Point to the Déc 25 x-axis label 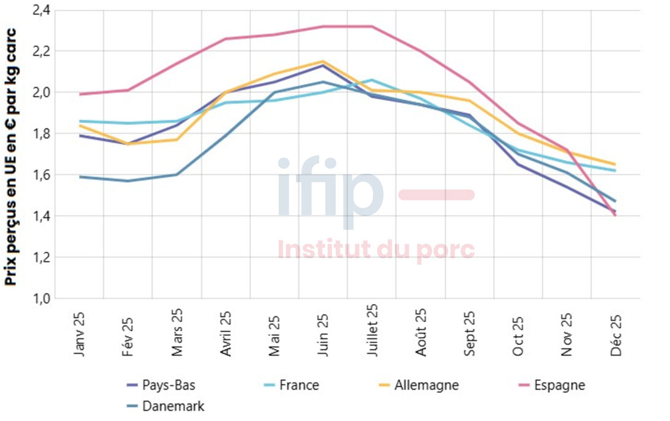click(x=615, y=335)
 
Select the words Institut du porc click(x=376, y=249)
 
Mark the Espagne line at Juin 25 click(x=323, y=26)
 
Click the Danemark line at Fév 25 click(x=128, y=181)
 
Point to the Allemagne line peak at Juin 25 click(x=323, y=61)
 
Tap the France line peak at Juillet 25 click(x=372, y=80)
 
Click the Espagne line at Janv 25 click(x=79, y=94)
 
